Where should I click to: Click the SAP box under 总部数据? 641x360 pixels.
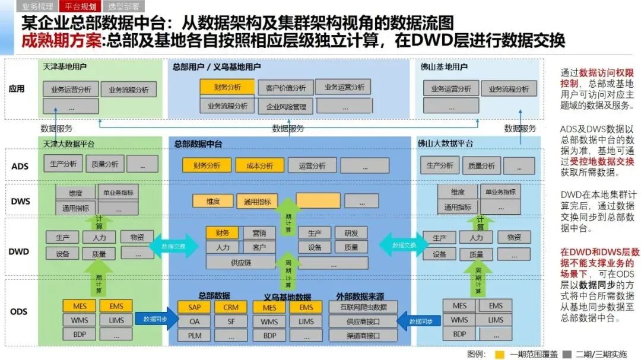[194, 307]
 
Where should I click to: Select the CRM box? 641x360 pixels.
[231, 307]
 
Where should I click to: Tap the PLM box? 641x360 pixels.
[194, 336]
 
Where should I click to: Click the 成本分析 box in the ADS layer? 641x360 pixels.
[259, 165]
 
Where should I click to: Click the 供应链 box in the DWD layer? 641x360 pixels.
[240, 262]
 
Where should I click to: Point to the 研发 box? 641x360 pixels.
[351, 233]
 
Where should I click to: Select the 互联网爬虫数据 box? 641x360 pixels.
[363, 307]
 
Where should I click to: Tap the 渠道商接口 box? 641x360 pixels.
[363, 336]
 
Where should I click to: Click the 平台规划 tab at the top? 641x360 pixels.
[81, 7]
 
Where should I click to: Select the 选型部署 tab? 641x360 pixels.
[123, 7]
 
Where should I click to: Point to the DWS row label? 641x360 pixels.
[20, 201]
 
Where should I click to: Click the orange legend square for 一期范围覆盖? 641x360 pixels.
[500, 354]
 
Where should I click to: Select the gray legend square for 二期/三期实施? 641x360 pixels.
[567, 354]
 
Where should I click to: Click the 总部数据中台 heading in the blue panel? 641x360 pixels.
[198, 144]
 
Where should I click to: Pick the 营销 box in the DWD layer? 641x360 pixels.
[259, 233]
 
